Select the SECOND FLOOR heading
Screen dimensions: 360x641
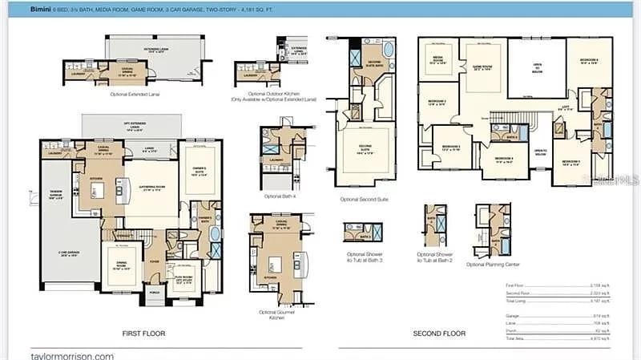point(438,332)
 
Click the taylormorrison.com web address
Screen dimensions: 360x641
point(72,356)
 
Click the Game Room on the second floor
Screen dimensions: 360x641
point(482,69)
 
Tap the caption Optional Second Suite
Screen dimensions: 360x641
point(365,199)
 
